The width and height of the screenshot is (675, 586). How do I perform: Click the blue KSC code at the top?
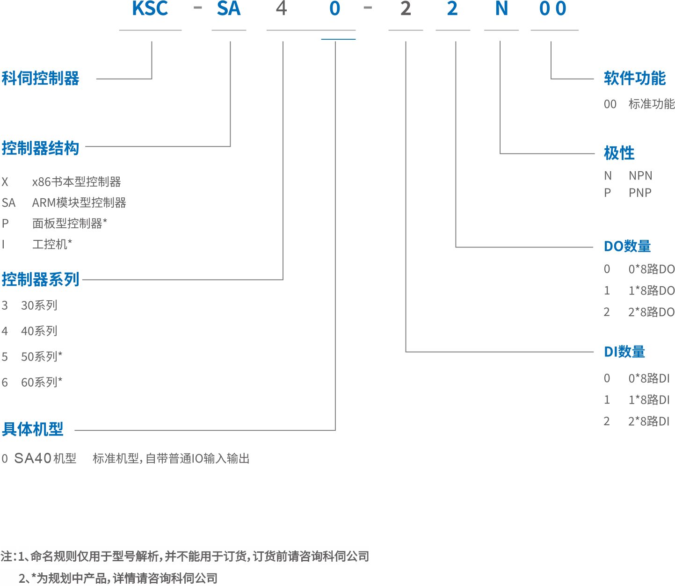(150, 9)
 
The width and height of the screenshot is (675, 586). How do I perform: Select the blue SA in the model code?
(228, 9)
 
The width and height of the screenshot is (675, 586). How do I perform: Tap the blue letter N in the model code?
(501, 9)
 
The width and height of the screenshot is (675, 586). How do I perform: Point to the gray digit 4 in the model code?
(281, 9)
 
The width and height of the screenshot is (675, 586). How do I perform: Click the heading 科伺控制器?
(41, 78)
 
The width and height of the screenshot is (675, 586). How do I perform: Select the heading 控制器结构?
(41, 148)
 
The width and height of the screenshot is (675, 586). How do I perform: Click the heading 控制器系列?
(41, 279)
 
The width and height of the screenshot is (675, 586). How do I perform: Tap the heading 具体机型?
(33, 429)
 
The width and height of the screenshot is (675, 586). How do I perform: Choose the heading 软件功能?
(635, 78)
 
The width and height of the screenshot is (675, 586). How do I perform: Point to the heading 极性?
(619, 153)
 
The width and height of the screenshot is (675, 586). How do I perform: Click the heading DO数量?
(627, 246)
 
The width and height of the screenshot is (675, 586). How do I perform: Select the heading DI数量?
(624, 352)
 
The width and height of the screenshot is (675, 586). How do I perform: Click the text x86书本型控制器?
(77, 181)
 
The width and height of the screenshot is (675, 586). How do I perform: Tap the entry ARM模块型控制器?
(79, 203)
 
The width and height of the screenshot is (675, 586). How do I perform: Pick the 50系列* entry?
(42, 357)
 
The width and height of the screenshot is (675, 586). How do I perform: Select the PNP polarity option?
(640, 192)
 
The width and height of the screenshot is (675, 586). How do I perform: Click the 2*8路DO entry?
(651, 312)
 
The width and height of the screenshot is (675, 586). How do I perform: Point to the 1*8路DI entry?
(649, 399)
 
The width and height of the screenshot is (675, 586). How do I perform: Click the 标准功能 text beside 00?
(651, 104)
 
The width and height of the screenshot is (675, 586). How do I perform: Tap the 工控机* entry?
(52, 244)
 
